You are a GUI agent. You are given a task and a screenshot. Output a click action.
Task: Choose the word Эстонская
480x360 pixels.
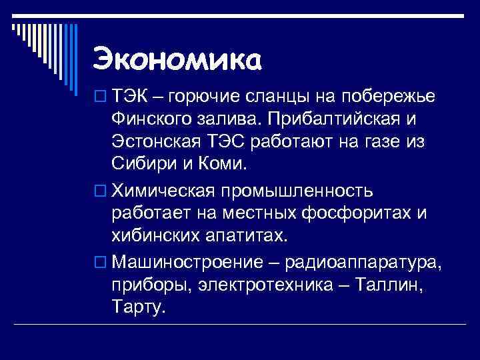click(x=157, y=143)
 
